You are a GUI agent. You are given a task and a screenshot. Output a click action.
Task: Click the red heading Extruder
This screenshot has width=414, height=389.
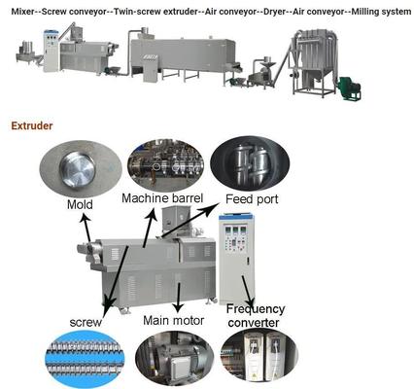click(x=32, y=125)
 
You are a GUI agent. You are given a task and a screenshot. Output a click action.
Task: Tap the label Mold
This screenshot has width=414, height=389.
click(x=80, y=205)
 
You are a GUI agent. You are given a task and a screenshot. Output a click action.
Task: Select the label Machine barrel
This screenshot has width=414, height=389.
click(x=162, y=198)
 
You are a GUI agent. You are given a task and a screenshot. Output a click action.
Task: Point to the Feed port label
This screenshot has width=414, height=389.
click(x=251, y=198)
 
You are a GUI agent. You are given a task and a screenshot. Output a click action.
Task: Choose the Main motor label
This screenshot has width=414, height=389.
click(x=174, y=319)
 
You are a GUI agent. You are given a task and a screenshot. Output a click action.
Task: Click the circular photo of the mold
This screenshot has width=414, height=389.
click(x=82, y=169)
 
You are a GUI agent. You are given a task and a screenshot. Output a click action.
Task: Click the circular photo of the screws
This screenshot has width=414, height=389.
click(x=85, y=359)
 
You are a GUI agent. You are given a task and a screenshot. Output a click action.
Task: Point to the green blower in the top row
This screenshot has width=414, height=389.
click(x=348, y=88)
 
